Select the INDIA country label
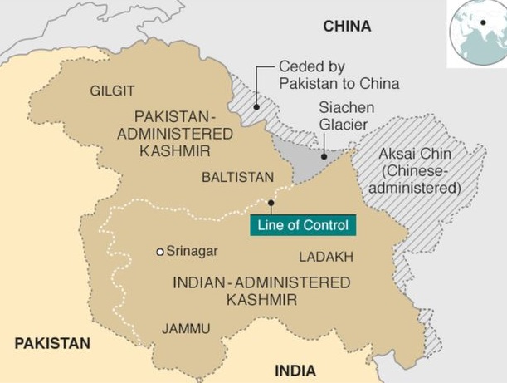click(295, 370)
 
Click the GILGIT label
click(113, 90)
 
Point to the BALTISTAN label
click(237, 178)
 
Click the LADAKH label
click(326, 257)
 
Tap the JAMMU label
click(186, 327)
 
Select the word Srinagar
click(192, 251)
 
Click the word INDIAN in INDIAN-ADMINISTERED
click(202, 282)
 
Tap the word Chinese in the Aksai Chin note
click(422, 172)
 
